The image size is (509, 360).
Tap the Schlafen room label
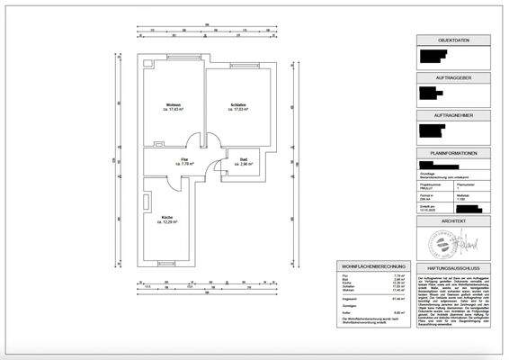click(238, 106)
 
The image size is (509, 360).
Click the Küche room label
click(167, 219)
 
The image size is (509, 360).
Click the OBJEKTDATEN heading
click(455, 40)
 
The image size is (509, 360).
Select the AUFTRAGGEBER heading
click(455, 78)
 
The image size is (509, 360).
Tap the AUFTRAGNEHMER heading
click(455, 116)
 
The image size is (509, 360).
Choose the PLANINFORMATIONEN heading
click(455, 154)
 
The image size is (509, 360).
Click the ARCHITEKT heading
click(455, 220)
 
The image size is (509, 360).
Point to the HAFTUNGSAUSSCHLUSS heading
click(455, 267)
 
